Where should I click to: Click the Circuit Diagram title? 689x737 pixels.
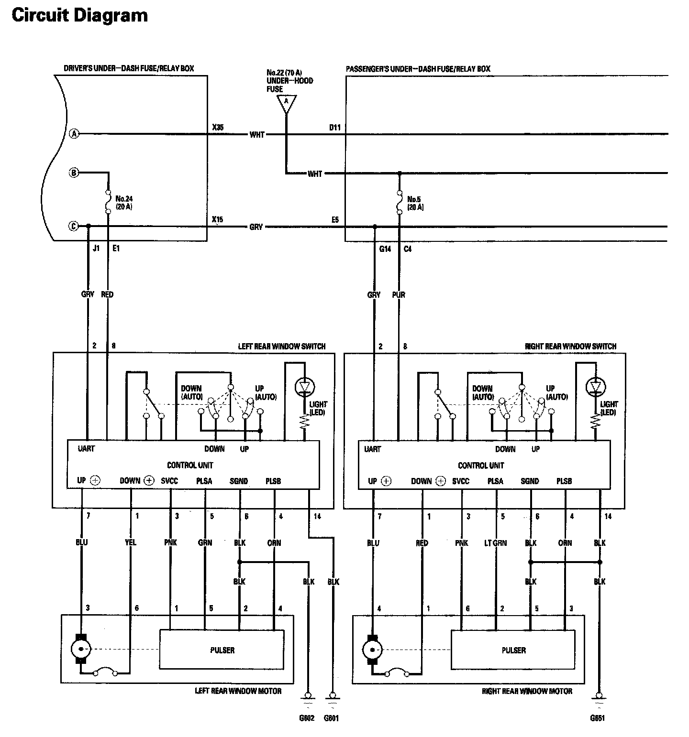coord(79,15)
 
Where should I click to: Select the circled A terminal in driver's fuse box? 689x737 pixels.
coord(74,134)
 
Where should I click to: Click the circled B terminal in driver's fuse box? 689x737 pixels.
coord(74,173)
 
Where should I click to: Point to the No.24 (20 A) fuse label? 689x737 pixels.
coord(123,203)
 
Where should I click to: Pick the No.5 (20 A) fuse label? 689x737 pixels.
coord(415,203)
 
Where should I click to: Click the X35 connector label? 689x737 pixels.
coord(218,128)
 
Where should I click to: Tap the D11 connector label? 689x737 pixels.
coord(334,128)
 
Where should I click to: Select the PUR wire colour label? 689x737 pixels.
coord(399,295)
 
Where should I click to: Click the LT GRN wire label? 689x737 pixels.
coord(496,543)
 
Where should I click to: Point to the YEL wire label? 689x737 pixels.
coord(130,542)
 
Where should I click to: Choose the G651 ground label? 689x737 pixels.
coord(597,718)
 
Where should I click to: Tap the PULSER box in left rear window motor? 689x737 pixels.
coord(222,650)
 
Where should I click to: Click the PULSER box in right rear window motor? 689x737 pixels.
coord(513,650)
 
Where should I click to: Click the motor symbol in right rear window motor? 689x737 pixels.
coord(373,649)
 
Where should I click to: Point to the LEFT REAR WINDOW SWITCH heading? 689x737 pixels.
coord(281,346)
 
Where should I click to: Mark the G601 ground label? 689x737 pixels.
coord(331,718)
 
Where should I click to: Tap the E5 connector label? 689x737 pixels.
coord(335,220)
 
